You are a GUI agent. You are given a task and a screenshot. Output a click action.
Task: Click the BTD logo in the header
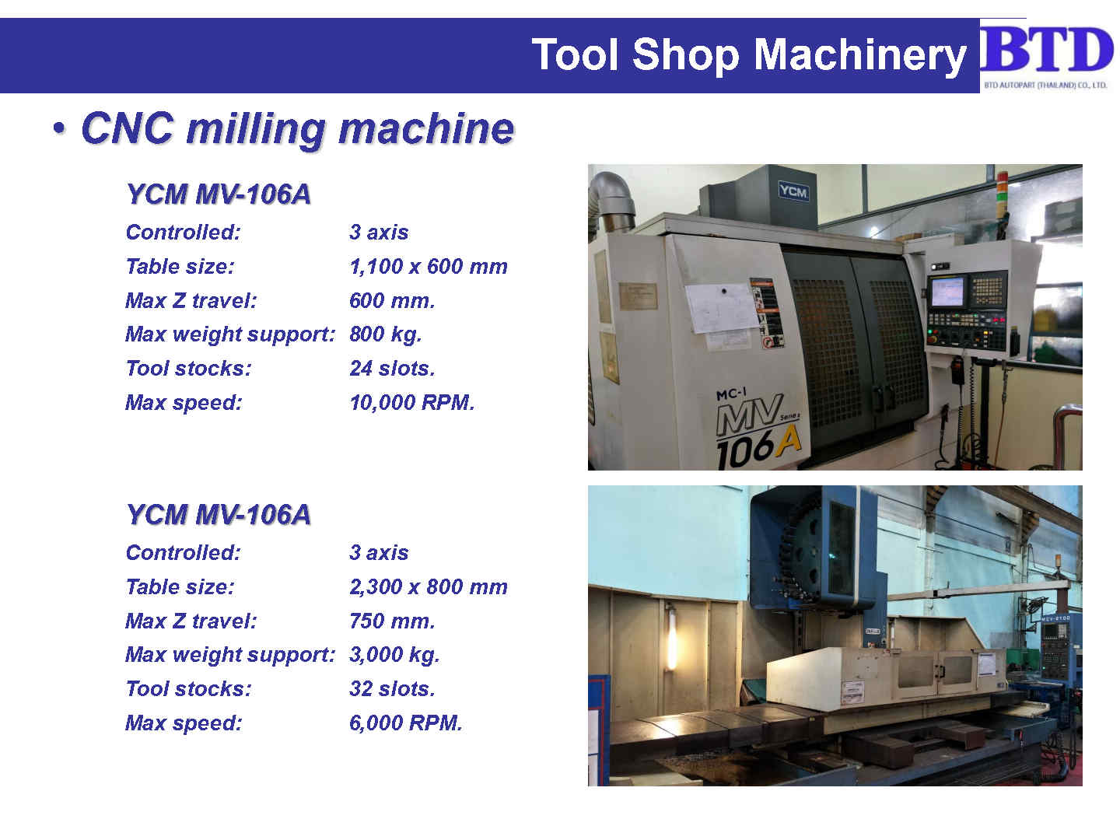1046,55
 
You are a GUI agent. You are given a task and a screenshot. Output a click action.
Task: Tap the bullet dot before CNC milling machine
59,128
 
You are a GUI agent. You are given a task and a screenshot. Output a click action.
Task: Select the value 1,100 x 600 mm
429,266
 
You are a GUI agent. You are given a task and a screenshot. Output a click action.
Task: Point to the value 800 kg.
385,334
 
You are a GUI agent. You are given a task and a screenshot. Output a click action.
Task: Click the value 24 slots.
392,368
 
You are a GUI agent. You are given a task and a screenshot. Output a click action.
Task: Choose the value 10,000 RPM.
411,402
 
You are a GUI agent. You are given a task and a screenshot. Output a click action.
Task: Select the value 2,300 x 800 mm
429,586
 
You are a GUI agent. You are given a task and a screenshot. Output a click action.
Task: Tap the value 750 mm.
392,621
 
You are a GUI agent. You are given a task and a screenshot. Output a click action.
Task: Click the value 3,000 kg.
394,655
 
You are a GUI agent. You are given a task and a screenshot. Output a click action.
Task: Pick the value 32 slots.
392,688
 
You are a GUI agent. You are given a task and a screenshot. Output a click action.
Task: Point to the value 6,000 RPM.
406,723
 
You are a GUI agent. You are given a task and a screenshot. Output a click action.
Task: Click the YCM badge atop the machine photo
793,191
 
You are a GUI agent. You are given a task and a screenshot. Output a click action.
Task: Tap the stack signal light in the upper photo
1002,191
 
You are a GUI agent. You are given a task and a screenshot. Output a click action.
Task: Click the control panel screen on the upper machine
947,292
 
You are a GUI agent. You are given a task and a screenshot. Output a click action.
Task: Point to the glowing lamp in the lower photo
671,642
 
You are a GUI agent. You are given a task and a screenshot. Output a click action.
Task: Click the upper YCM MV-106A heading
219,194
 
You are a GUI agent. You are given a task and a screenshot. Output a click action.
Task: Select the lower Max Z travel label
191,621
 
